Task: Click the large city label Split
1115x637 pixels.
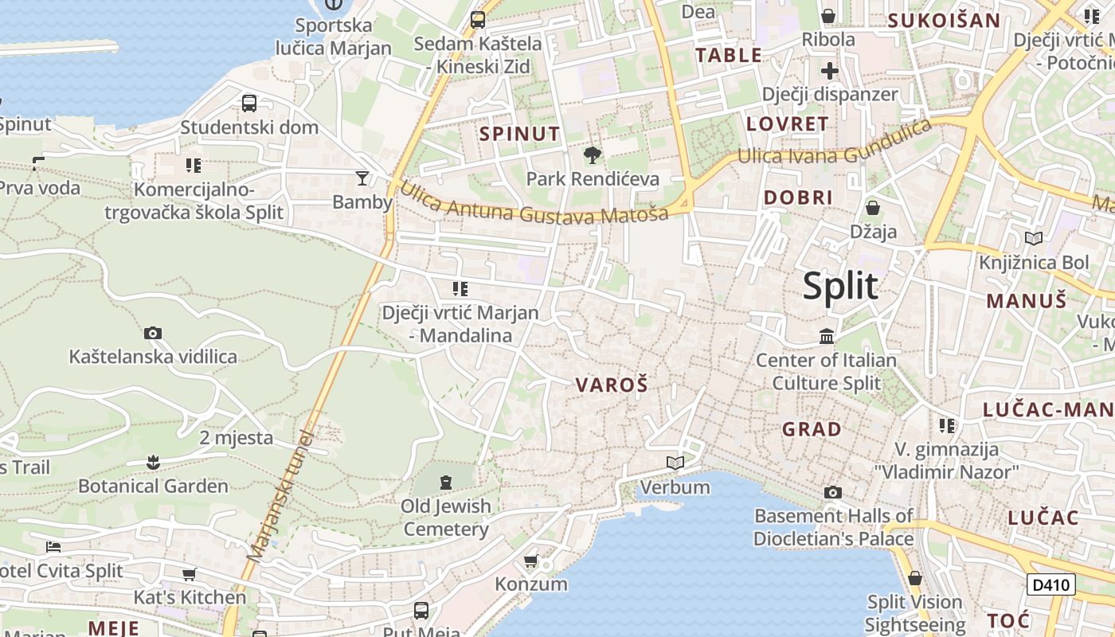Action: pyautogui.click(x=840, y=286)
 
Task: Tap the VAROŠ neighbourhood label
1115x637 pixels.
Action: pyautogui.click(x=612, y=385)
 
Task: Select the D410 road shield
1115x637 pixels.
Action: pyautogui.click(x=1051, y=584)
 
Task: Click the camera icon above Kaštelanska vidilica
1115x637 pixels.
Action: pyautogui.click(x=153, y=333)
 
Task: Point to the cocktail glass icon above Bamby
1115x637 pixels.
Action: pyautogui.click(x=362, y=178)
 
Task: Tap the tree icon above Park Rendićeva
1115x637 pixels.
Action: pyautogui.click(x=593, y=154)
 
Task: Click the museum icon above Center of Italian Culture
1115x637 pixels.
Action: pyautogui.click(x=827, y=336)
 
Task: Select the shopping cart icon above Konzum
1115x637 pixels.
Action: pyautogui.click(x=531, y=561)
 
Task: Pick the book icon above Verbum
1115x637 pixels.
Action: pyautogui.click(x=675, y=463)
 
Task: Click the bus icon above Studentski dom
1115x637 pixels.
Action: pyautogui.click(x=249, y=103)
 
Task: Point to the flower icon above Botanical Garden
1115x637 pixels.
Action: pyautogui.click(x=153, y=462)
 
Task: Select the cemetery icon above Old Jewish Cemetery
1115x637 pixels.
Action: pyautogui.click(x=445, y=481)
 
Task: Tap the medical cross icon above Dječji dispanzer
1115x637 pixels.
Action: pyautogui.click(x=830, y=70)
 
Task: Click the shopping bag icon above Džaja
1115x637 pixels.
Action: pyautogui.click(x=873, y=208)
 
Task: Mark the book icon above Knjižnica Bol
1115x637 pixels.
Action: pyautogui.click(x=1034, y=238)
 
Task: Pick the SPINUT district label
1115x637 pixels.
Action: pyautogui.click(x=519, y=134)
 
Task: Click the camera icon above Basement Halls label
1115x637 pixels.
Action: pyautogui.click(x=833, y=492)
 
